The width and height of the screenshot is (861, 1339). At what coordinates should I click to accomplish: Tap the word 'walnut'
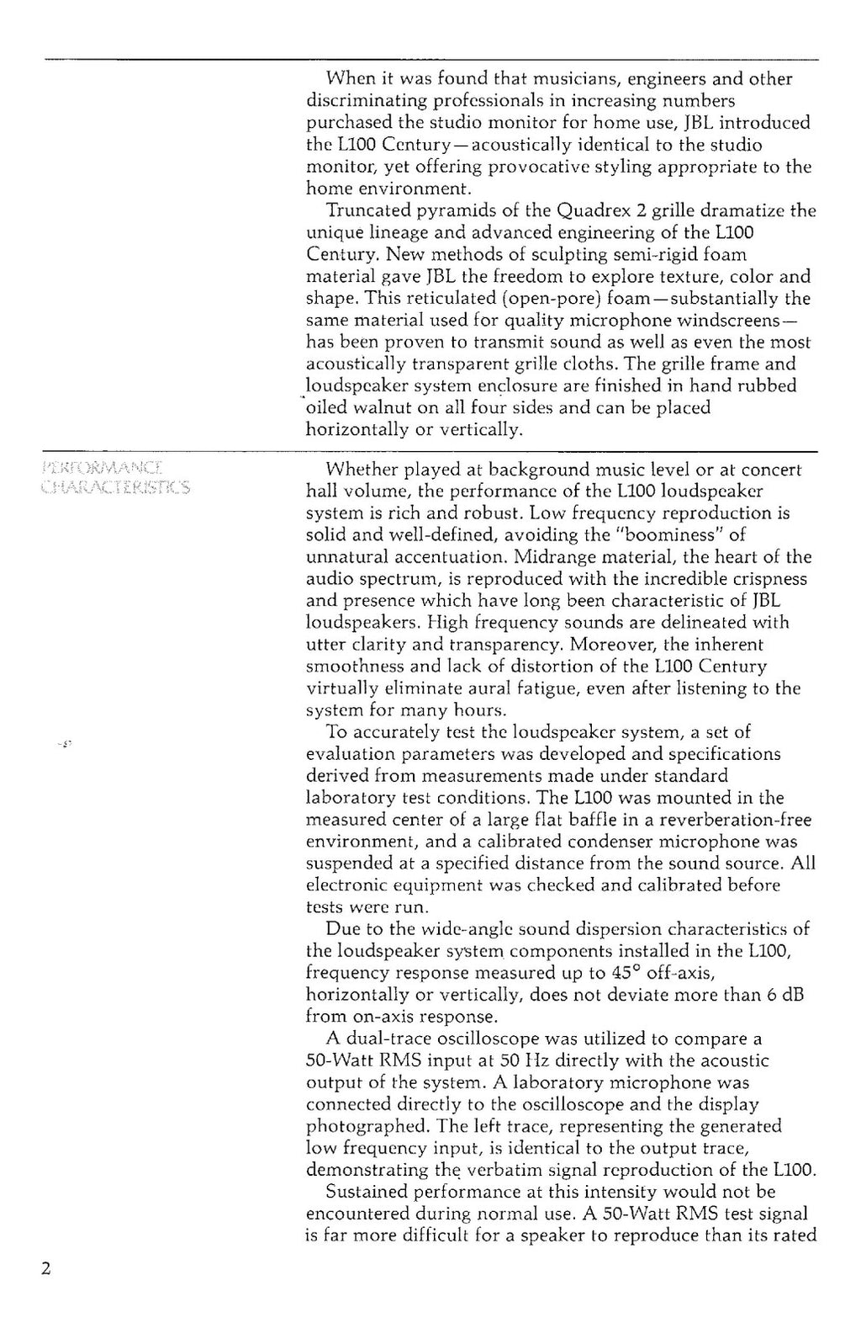[x=400, y=408]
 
